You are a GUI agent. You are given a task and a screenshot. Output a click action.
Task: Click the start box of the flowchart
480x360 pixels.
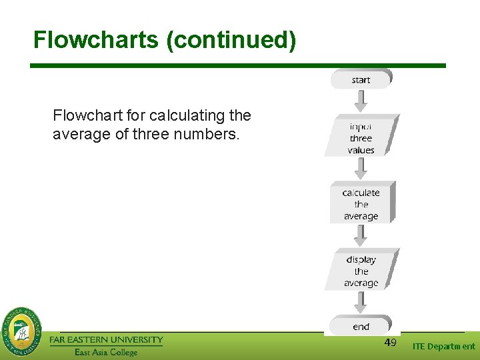point(361,79)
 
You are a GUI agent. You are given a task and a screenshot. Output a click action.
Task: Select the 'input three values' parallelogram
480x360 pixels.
point(361,137)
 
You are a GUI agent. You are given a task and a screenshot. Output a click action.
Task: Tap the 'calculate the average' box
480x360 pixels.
point(361,204)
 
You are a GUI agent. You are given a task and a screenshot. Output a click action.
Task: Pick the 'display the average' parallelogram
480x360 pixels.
point(361,271)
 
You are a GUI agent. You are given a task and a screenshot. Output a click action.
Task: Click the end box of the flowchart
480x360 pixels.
point(361,326)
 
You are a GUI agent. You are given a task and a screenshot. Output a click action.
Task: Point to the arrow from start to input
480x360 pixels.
point(361,100)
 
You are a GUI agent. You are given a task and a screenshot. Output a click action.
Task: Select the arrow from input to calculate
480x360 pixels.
point(361,168)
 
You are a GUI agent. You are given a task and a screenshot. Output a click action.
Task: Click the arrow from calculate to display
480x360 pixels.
point(361,235)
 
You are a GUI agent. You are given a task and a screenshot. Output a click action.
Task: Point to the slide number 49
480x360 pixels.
point(391,343)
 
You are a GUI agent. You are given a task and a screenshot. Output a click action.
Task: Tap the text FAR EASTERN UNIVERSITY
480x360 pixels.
point(106,339)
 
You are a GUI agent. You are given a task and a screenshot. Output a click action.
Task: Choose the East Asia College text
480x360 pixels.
point(106,352)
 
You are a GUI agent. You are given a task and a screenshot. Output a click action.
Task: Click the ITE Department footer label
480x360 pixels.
point(444,346)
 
